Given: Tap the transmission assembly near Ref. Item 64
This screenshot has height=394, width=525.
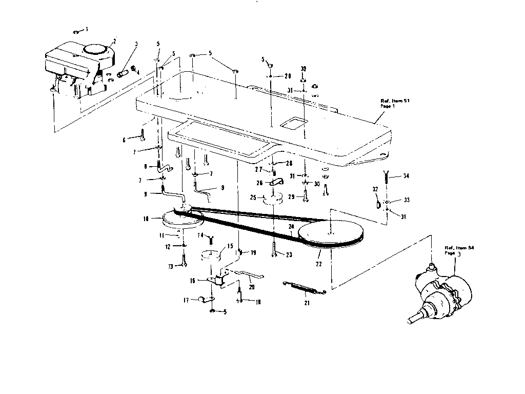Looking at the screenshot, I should [441, 292].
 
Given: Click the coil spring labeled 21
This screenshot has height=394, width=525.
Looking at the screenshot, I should [305, 288].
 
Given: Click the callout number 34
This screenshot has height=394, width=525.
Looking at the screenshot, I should [406, 176].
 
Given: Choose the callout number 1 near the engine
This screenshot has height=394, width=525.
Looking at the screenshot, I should [86, 28].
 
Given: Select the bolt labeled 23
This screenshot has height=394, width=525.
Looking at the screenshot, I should [275, 251].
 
